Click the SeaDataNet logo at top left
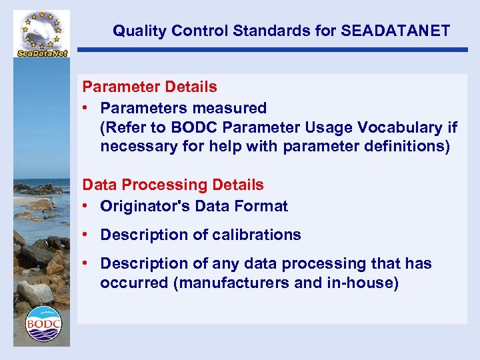pos(43,34)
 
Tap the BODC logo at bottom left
pos(43,324)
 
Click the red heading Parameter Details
pos(149,87)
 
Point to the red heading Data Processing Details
pos(173,185)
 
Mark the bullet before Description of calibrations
pos(87,235)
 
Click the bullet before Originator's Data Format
pos(87,207)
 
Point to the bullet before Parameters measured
pos(87,108)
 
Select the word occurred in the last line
pos(134,283)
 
